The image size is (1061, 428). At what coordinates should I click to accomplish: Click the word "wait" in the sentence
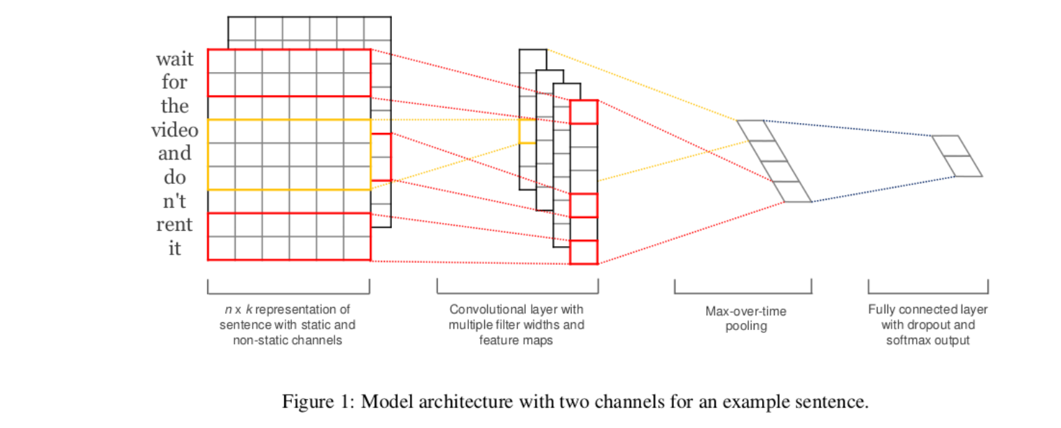pyautogui.click(x=174, y=58)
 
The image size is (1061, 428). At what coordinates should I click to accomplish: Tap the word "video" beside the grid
pyautogui.click(x=174, y=129)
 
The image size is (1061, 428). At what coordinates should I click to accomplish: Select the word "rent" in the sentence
pyautogui.click(x=174, y=224)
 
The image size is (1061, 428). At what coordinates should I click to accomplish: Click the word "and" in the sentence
pyautogui.click(x=174, y=153)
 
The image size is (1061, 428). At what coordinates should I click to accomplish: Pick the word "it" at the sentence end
pyautogui.click(x=174, y=248)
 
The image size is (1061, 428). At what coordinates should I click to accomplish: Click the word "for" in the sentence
pyautogui.click(x=174, y=82)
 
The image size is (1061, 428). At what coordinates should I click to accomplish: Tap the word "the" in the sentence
pyautogui.click(x=174, y=106)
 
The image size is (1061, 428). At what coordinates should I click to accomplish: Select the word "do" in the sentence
pyautogui.click(x=174, y=177)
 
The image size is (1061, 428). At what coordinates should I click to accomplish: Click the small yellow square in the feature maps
pyautogui.click(x=526, y=131)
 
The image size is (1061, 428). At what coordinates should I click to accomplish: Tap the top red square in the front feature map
pyautogui.click(x=584, y=112)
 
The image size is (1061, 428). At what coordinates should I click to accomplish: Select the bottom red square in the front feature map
pyautogui.click(x=584, y=252)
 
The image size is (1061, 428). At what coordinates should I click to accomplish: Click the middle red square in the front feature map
pyautogui.click(x=584, y=206)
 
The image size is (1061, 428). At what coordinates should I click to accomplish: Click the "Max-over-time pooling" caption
pyautogui.click(x=745, y=318)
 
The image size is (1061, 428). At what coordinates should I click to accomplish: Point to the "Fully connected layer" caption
pyautogui.click(x=927, y=309)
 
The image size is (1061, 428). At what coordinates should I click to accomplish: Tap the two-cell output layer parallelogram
pyautogui.click(x=957, y=156)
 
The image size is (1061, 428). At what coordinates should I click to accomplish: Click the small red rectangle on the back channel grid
pyautogui.click(x=381, y=157)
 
